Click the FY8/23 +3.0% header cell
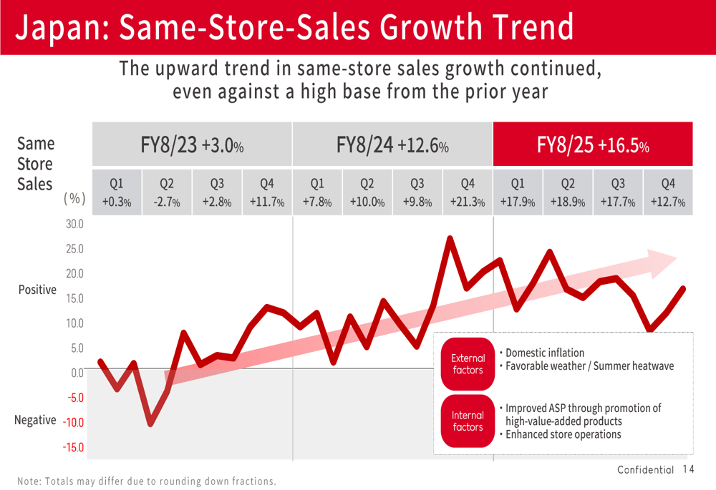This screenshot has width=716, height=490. (192, 144)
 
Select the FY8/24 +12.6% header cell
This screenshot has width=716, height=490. (392, 144)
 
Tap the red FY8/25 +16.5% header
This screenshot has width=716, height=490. (593, 144)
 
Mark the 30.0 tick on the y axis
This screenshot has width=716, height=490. (74, 225)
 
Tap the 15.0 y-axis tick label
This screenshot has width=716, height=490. (74, 298)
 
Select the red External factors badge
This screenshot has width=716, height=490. (468, 364)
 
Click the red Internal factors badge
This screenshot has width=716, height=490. (468, 421)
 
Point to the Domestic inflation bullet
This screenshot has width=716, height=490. (542, 353)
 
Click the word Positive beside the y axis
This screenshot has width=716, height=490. (37, 290)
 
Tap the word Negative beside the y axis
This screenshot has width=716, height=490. (35, 420)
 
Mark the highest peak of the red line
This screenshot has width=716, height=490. (450, 238)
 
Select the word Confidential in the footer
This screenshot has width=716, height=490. (645, 470)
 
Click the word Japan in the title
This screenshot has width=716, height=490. (57, 27)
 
